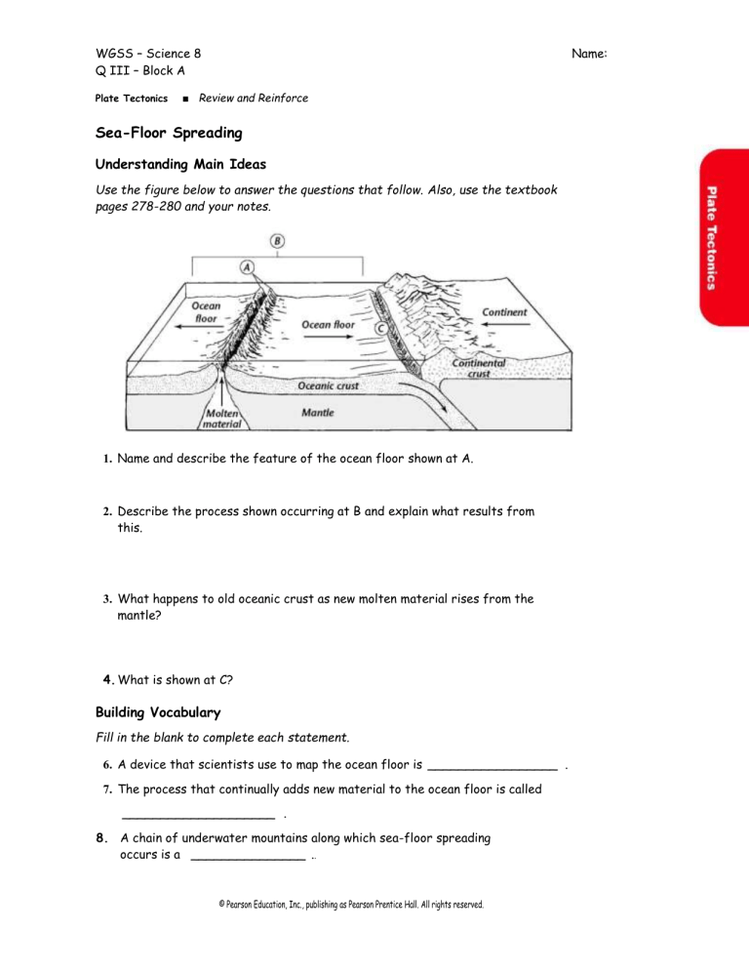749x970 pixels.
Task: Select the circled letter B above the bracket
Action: pos(278,239)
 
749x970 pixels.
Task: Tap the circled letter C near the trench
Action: pos(380,328)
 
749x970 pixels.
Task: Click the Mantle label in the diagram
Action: pos(318,413)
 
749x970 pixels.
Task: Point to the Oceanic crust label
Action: pos(328,385)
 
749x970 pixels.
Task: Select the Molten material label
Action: pos(222,419)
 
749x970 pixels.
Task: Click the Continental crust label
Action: pos(480,368)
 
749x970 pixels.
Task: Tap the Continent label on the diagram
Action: pos(505,312)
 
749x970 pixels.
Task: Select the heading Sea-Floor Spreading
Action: pos(168,132)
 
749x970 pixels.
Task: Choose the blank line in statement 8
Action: pos(248,859)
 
